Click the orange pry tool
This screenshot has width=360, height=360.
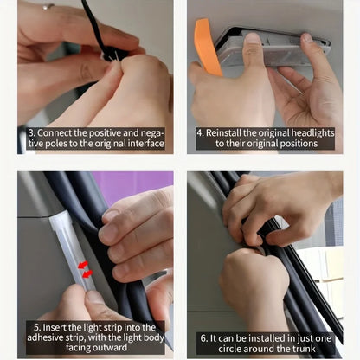(x=205, y=46)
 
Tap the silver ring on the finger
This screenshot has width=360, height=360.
(x=48, y=6)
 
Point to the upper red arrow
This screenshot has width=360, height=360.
(x=83, y=265)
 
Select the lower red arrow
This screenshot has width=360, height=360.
(x=87, y=274)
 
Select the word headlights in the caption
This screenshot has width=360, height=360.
(x=312, y=133)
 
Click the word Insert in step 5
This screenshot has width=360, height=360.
(x=55, y=327)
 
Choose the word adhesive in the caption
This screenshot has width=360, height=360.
(x=45, y=337)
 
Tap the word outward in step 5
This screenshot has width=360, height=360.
(x=111, y=347)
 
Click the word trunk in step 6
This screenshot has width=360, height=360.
(x=305, y=349)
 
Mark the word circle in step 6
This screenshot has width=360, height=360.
(x=230, y=349)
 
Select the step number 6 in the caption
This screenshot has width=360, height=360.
(x=204, y=338)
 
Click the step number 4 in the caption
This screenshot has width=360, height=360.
(x=200, y=133)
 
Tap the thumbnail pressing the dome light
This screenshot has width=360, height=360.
(x=253, y=38)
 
